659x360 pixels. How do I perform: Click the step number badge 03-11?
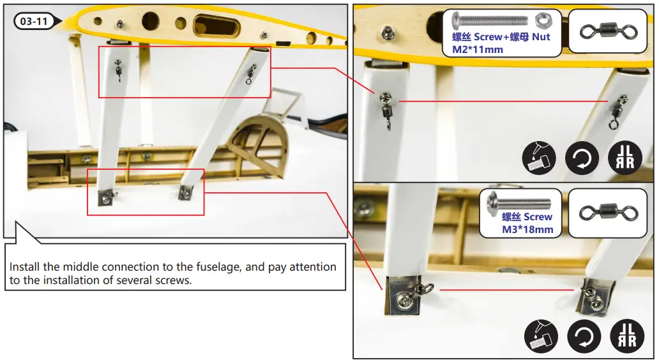[x=34, y=21]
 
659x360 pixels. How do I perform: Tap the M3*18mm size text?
[x=527, y=229]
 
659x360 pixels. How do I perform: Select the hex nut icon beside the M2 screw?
[x=543, y=20]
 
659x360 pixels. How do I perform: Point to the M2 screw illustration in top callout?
[x=490, y=20]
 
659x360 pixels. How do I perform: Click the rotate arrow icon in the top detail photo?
[x=582, y=158]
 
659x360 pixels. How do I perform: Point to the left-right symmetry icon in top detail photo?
[x=625, y=158]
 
